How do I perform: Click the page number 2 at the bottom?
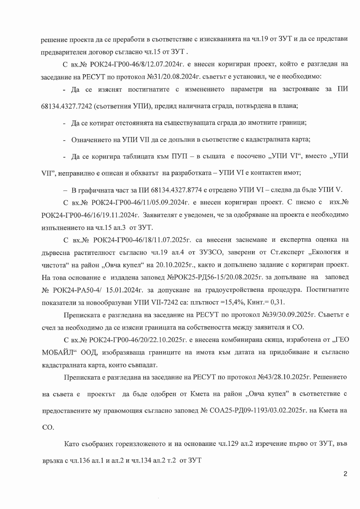pos(345,474)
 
